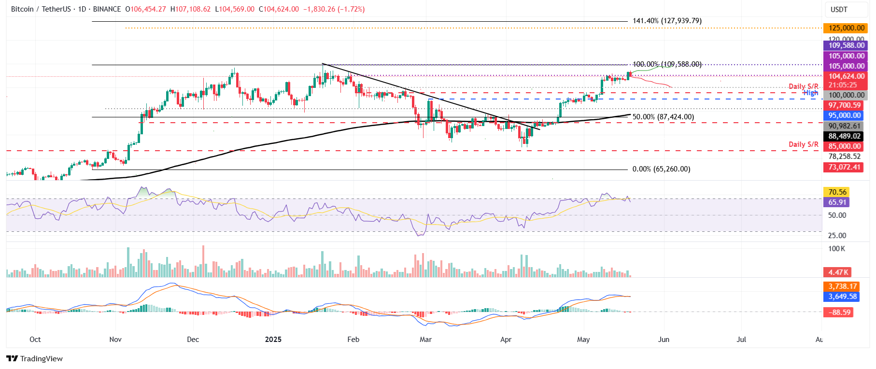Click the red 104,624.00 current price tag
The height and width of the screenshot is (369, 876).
click(846, 76)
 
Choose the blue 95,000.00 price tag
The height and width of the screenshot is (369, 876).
click(845, 115)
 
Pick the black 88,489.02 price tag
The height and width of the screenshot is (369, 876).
click(845, 136)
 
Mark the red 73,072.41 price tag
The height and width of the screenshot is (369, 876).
click(845, 167)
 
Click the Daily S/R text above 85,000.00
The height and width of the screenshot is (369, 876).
click(803, 144)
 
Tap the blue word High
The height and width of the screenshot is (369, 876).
click(810, 93)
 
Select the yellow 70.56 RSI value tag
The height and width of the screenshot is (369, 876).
click(837, 192)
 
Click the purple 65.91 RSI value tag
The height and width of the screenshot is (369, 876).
click(837, 202)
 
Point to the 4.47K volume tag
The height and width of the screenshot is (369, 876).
click(838, 272)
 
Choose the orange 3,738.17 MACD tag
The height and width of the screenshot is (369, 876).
click(843, 286)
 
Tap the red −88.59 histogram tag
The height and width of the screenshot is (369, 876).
click(839, 312)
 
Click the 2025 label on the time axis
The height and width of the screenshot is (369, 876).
click(273, 340)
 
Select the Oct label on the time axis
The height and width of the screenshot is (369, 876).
click(35, 340)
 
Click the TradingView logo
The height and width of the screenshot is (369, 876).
click(35, 358)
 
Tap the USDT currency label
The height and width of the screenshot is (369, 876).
click(839, 10)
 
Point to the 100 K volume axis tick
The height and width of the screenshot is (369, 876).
click(836, 249)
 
